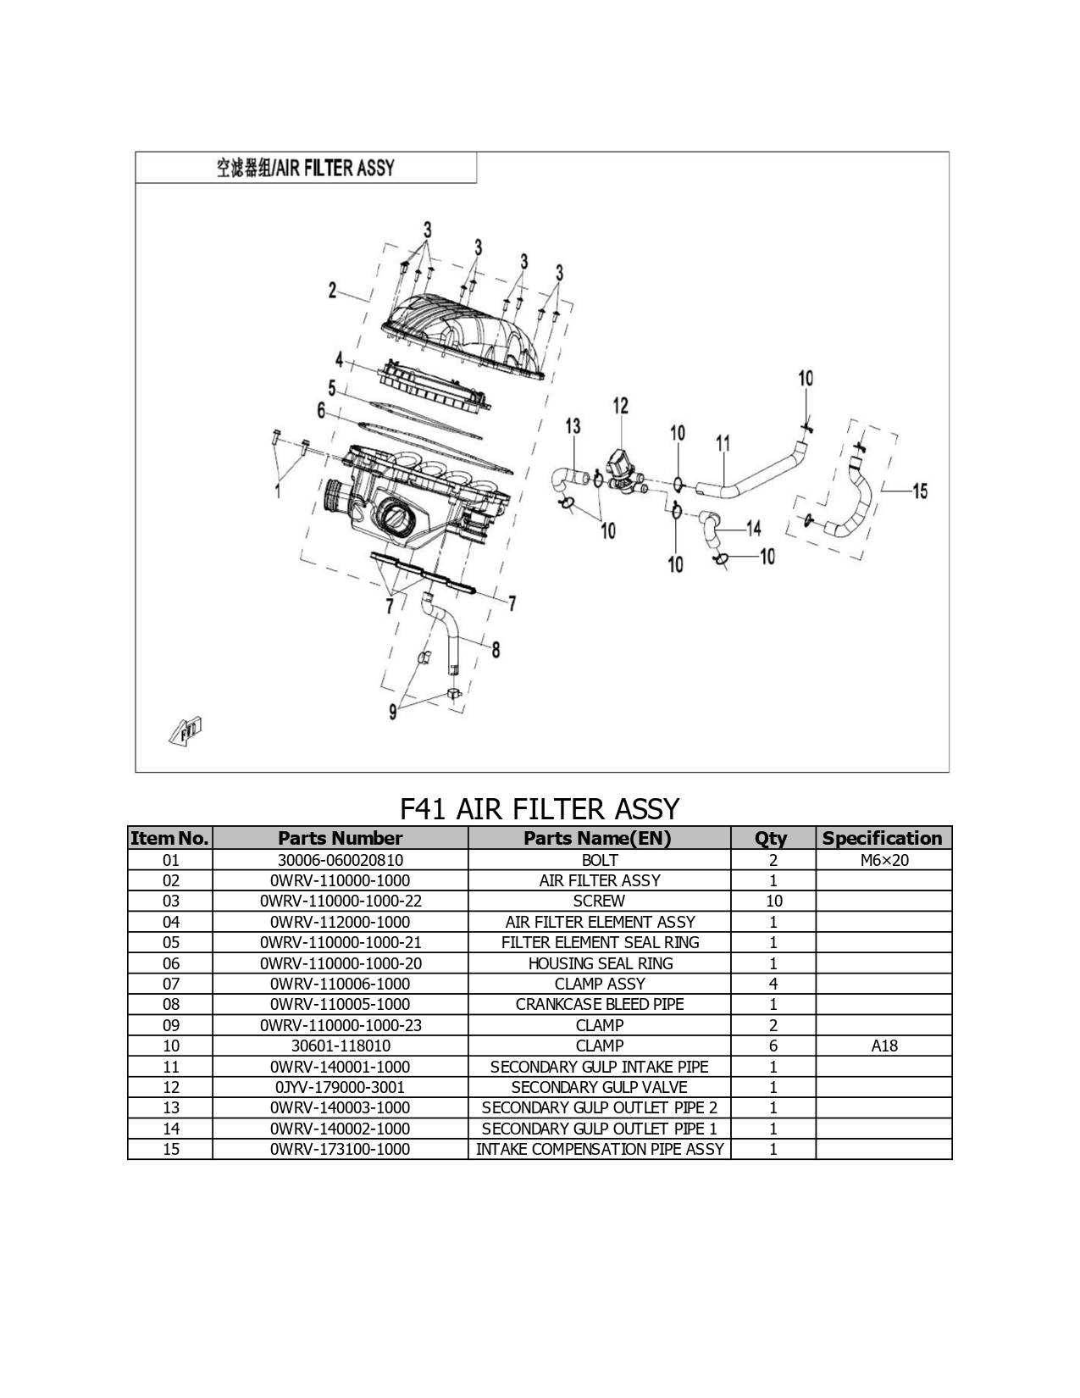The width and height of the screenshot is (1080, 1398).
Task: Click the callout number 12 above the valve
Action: click(x=620, y=406)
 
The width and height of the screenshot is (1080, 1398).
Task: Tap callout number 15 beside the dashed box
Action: click(x=920, y=491)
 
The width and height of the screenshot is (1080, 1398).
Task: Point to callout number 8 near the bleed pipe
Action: click(x=496, y=651)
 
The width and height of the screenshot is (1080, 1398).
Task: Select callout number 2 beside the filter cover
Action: click(x=332, y=291)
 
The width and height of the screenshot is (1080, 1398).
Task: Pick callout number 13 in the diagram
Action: click(x=573, y=426)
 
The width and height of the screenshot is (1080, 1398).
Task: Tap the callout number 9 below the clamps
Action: click(x=392, y=713)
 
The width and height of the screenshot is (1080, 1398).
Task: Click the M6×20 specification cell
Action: click(x=884, y=860)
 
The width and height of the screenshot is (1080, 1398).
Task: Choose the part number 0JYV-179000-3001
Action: click(x=340, y=1087)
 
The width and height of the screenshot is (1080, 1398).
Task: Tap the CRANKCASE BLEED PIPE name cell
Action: click(x=600, y=1004)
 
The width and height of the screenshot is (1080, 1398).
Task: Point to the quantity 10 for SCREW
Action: click(x=774, y=901)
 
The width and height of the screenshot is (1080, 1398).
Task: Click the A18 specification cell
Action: click(x=884, y=1046)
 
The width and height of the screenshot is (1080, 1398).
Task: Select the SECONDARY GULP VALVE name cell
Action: click(x=600, y=1087)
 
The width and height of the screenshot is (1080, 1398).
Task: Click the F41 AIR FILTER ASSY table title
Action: click(x=540, y=808)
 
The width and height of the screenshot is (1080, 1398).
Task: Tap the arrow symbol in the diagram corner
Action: click(x=186, y=731)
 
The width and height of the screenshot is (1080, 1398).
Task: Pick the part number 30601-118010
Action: click(x=341, y=1046)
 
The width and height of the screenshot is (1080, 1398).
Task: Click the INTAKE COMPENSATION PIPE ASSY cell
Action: click(x=600, y=1149)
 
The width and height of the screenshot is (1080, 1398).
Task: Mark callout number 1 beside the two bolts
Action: click(x=278, y=491)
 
